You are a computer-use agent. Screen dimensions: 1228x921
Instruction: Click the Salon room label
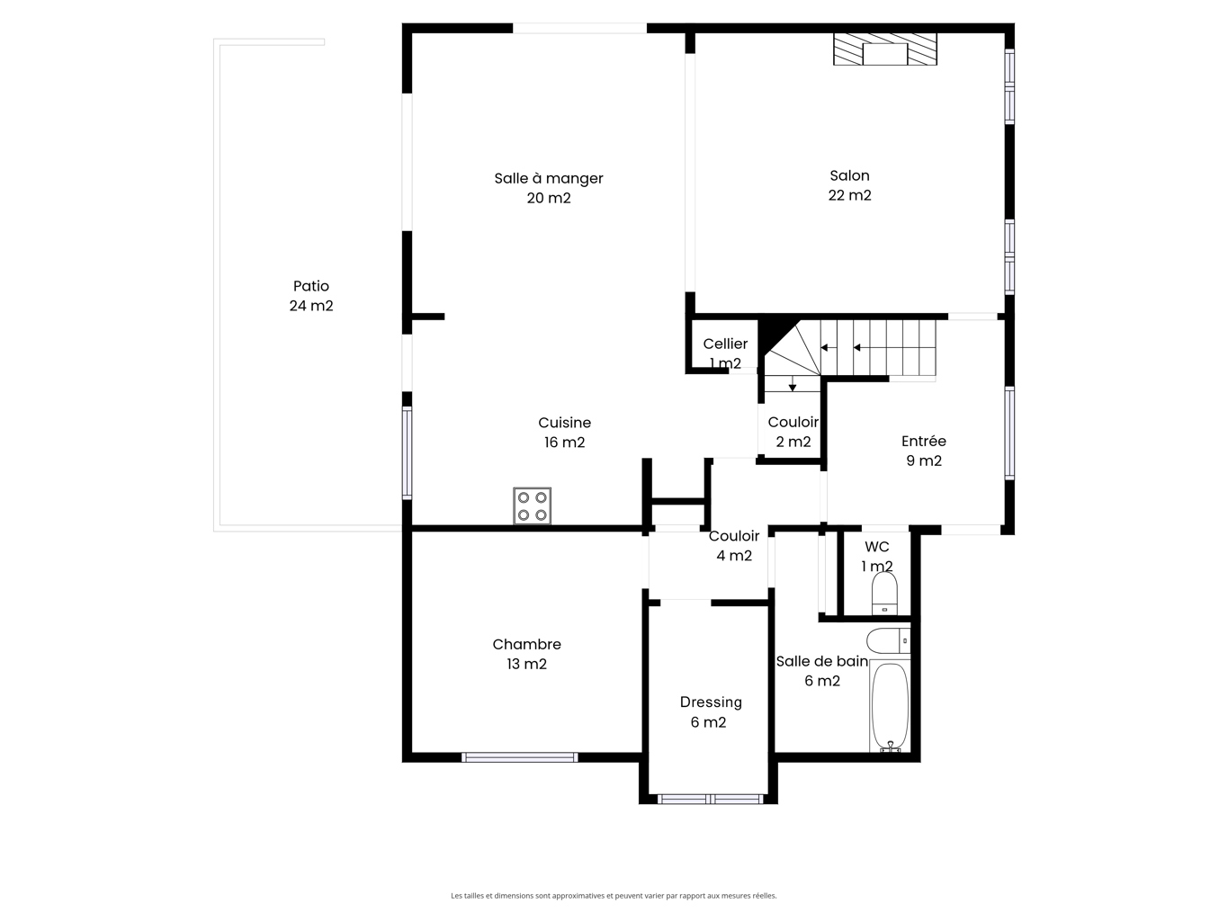[849, 175]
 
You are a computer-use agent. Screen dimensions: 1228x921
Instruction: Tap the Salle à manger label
[548, 178]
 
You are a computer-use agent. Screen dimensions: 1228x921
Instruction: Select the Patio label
[311, 286]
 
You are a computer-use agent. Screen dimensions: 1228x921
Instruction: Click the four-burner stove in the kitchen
[532, 506]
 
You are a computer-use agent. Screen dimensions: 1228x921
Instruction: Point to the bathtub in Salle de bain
[890, 706]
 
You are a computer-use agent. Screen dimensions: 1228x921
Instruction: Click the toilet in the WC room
[884, 594]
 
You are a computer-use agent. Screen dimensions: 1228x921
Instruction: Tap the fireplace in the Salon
[884, 49]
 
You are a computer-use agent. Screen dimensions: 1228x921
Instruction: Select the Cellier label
[725, 344]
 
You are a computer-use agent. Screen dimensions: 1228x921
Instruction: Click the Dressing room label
[711, 702]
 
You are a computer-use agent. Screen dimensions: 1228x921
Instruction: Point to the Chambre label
[526, 644]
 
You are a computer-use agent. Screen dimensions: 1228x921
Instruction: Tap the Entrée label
[924, 442]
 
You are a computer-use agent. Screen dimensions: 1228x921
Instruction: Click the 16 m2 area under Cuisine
[564, 443]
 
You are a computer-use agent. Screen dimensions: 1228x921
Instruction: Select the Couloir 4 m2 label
[734, 546]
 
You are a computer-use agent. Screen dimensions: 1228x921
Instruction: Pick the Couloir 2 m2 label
[793, 432]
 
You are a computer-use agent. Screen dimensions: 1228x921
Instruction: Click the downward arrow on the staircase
[793, 384]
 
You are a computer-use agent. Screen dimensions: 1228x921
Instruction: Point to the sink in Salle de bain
[889, 641]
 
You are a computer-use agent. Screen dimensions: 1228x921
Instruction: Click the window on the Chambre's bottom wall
[520, 757]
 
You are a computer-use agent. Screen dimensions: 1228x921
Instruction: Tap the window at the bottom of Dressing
[711, 799]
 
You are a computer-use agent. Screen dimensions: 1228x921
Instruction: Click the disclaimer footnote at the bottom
[614, 895]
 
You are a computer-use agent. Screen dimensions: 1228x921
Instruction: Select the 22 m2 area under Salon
[849, 195]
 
